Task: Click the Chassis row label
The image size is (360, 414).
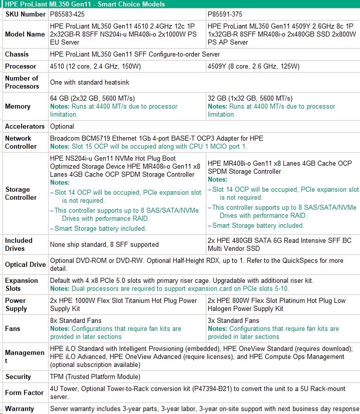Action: point(17,54)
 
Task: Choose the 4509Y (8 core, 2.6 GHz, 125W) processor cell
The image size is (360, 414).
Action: point(253,66)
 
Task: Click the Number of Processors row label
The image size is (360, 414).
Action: point(22,82)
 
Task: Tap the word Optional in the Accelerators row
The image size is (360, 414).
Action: point(62,126)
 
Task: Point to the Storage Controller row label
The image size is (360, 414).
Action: point(21,193)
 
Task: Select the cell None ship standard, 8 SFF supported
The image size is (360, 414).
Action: point(104,244)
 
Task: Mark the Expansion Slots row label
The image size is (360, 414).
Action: point(22,284)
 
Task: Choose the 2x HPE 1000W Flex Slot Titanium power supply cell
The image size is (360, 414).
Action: point(124,304)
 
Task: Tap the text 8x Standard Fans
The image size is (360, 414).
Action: point(76,320)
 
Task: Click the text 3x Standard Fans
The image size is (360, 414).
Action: point(233,320)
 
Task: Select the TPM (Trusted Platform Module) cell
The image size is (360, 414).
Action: point(95,376)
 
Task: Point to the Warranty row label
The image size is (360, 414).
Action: point(20,408)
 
